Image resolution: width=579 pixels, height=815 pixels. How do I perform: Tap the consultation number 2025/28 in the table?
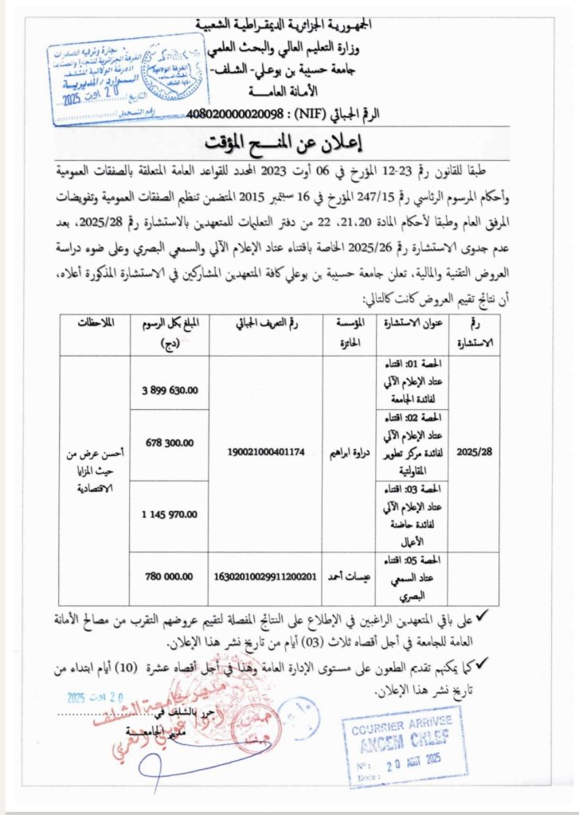point(475,450)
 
